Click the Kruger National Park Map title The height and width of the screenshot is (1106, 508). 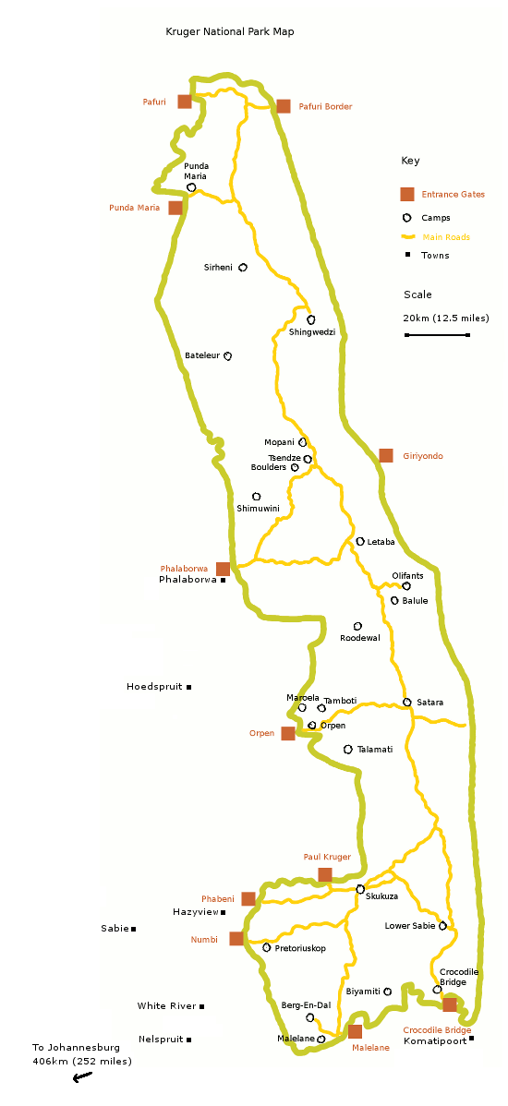pyautogui.click(x=229, y=31)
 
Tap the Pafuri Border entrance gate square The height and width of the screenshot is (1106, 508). pyautogui.click(x=284, y=106)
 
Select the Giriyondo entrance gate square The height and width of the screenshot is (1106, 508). pyautogui.click(x=386, y=455)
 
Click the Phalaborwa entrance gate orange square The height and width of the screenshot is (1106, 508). pyautogui.click(x=223, y=569)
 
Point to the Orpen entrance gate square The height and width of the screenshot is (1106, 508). pyautogui.click(x=288, y=733)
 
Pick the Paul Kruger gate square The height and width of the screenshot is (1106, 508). pyautogui.click(x=325, y=874)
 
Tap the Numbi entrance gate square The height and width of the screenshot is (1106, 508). pyautogui.click(x=236, y=939)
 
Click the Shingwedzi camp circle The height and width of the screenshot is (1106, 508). pyautogui.click(x=311, y=319)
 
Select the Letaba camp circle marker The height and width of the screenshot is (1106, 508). pyautogui.click(x=360, y=542)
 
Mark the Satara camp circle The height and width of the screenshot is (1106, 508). pyautogui.click(x=406, y=703)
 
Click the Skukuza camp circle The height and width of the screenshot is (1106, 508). pyautogui.click(x=360, y=889)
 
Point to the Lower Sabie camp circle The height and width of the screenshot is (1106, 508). pyautogui.click(x=443, y=925)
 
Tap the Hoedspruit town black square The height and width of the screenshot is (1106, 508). pyautogui.click(x=189, y=687)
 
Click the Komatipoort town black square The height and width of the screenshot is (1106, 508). pyautogui.click(x=471, y=1039)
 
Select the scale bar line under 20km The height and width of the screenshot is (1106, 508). pyautogui.click(x=437, y=335)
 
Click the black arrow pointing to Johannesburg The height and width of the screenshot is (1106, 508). pyautogui.click(x=82, y=1077)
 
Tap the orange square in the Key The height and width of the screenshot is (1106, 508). pyautogui.click(x=406, y=194)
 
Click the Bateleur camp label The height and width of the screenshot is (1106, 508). pyautogui.click(x=202, y=355)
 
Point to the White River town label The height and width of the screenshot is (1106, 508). pyautogui.click(x=166, y=1006)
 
